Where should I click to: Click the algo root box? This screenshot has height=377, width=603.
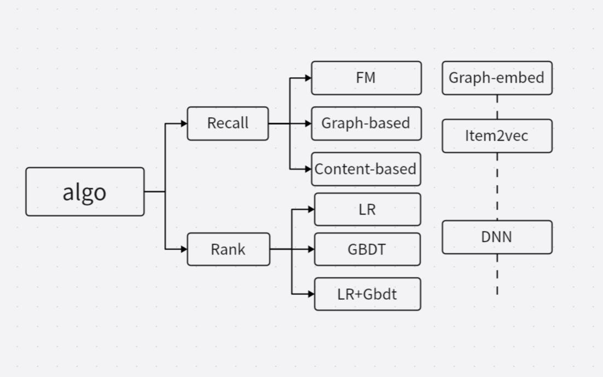85,192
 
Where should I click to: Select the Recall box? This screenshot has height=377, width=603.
228,124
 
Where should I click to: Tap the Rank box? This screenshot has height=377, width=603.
228,250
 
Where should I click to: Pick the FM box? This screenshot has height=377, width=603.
366,78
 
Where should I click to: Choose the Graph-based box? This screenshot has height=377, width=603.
366,124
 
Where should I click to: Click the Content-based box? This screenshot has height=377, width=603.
366,169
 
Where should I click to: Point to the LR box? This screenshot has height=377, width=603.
367,209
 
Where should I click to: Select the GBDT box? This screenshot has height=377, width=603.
367,250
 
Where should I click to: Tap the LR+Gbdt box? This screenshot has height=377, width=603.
367,294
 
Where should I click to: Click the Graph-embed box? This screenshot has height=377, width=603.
497,78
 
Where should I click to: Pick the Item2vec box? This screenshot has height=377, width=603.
497,136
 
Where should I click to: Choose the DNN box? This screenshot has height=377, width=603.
497,237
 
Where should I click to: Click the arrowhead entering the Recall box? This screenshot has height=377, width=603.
184,124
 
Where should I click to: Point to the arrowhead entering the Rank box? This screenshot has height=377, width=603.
184,250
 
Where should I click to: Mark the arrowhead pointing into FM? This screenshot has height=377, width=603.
308,78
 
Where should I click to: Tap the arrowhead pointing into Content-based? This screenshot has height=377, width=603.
308,169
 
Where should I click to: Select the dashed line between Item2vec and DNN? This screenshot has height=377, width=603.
497,186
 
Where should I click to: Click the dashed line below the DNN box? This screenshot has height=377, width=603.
497,274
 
